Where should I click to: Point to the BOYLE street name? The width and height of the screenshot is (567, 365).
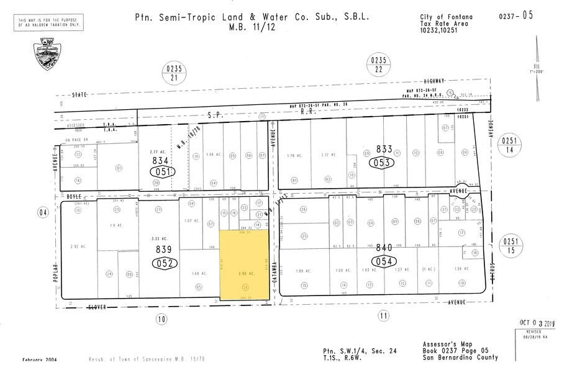click(67, 197)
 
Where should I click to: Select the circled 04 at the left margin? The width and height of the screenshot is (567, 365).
click(43, 214)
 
